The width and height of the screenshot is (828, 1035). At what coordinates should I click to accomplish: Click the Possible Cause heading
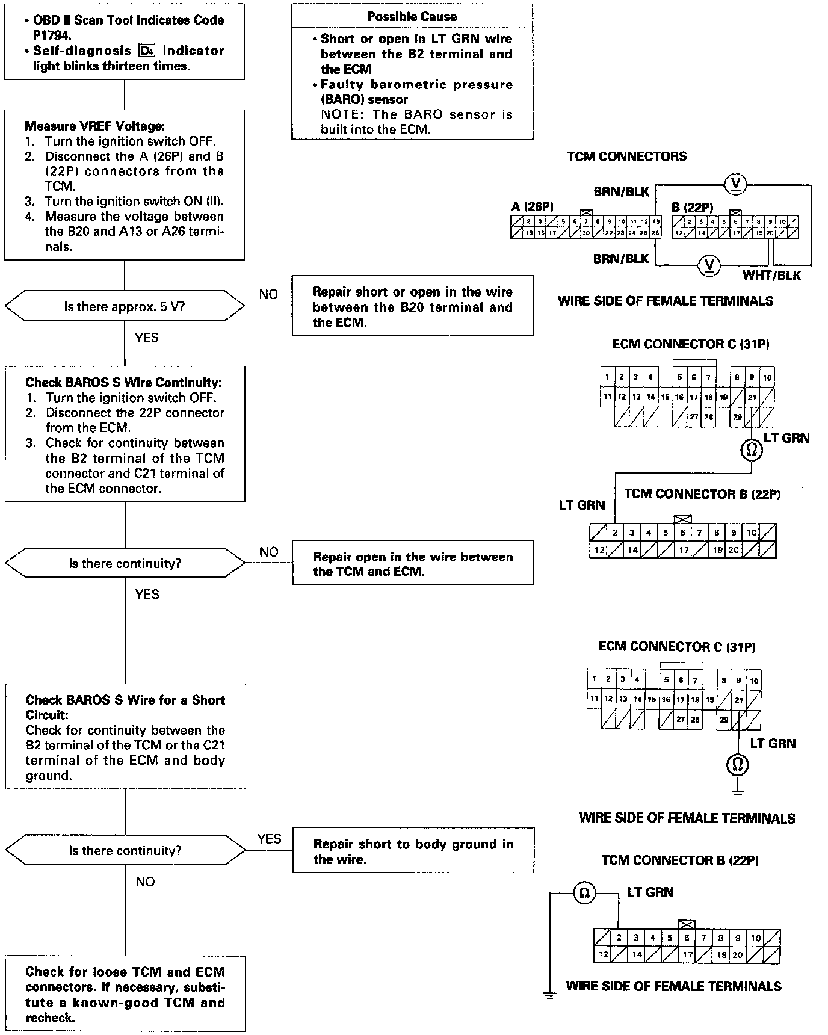pyautogui.click(x=412, y=17)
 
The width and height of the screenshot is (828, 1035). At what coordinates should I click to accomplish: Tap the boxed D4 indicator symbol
pyautogui.click(x=146, y=51)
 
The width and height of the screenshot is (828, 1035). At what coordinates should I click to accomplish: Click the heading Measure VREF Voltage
pyautogui.click(x=94, y=126)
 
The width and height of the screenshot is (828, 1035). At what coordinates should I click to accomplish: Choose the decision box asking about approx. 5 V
pyautogui.click(x=125, y=307)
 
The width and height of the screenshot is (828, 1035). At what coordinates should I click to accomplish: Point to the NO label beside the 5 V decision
pyautogui.click(x=268, y=294)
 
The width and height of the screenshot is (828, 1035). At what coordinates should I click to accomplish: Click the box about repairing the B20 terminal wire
pyautogui.click(x=412, y=307)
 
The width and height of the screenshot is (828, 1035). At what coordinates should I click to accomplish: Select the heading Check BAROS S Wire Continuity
pyautogui.click(x=123, y=383)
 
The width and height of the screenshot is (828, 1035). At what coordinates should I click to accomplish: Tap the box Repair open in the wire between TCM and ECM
pyautogui.click(x=413, y=564)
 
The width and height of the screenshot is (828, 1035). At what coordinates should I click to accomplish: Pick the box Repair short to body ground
pyautogui.click(x=413, y=851)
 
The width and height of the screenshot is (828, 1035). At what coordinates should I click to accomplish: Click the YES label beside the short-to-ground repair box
pyautogui.click(x=269, y=839)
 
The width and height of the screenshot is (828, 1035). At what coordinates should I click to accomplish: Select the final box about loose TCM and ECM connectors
pyautogui.click(x=125, y=994)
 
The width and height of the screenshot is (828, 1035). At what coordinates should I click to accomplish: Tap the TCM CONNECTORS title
pyautogui.click(x=626, y=156)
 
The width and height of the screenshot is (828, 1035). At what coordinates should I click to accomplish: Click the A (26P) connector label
pyautogui.click(x=532, y=207)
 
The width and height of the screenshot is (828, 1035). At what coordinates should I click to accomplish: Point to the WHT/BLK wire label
pyautogui.click(x=771, y=276)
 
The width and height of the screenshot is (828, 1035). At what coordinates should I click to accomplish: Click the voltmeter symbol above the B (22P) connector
pyautogui.click(x=734, y=184)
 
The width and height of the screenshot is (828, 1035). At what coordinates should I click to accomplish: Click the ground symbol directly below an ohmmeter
pyautogui.click(x=738, y=792)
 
